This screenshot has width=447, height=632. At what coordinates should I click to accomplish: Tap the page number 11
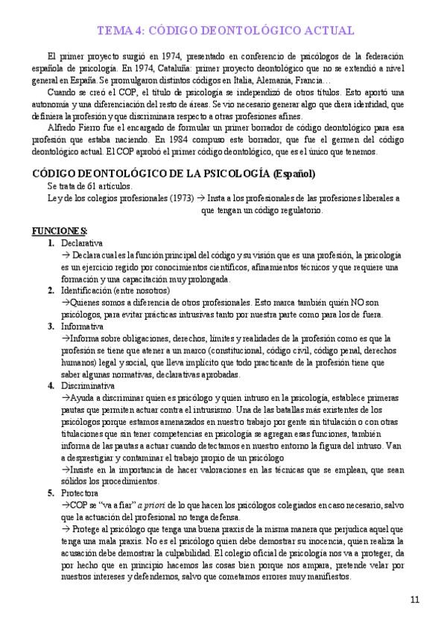click(x=416, y=599)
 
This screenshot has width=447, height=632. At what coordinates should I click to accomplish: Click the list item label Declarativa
click(x=82, y=243)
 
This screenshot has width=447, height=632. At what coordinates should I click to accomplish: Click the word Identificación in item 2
click(x=86, y=291)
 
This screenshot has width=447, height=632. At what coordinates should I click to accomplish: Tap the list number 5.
click(x=50, y=493)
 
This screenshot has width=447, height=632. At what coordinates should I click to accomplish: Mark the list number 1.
click(x=50, y=243)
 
